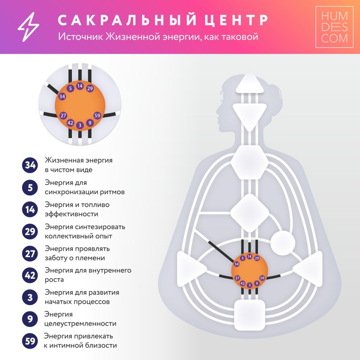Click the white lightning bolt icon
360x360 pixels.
point(28,27)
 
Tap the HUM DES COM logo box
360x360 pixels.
point(334,27)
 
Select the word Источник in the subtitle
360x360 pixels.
point(80,37)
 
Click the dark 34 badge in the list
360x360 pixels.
point(30,165)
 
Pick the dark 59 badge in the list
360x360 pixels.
point(30,341)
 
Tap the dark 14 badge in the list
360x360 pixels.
point(30,209)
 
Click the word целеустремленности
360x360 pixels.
point(80,323)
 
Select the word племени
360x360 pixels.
point(90,258)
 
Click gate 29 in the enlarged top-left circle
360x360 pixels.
point(90,88)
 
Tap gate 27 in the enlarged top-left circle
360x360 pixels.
point(63,115)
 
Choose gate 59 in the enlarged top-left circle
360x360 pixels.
point(97,115)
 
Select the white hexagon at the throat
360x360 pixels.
point(250,162)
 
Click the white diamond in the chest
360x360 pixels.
point(250,212)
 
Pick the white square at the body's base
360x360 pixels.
point(250,315)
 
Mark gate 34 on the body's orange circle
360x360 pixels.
point(236,264)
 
